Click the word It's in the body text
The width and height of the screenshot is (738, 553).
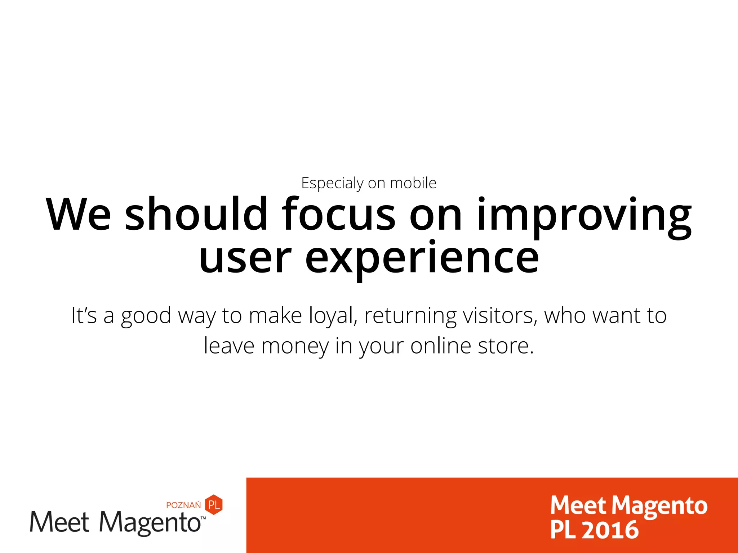click(x=84, y=315)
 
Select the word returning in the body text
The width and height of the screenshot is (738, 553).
click(x=410, y=316)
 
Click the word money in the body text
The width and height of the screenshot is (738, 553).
click(x=295, y=346)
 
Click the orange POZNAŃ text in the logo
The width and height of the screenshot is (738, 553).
click(x=183, y=505)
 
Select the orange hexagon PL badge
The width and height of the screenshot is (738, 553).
click(x=214, y=504)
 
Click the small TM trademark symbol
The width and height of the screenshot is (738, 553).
click(x=204, y=518)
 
